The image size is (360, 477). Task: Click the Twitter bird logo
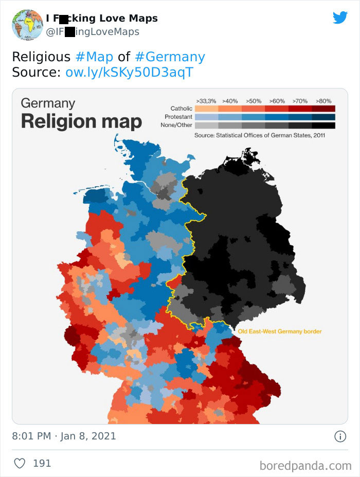[340, 18]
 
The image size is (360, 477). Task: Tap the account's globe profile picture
[27, 25]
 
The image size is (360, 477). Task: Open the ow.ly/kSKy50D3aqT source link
[129, 72]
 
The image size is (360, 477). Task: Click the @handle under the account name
[93, 32]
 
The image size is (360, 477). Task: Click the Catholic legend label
[182, 109]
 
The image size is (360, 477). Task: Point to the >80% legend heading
[323, 101]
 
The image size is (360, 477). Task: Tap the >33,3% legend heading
[206, 101]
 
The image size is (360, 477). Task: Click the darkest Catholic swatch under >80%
[323, 109]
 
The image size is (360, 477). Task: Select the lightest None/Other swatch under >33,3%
[206, 125]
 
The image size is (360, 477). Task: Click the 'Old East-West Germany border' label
[280, 331]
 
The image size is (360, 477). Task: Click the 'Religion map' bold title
[81, 121]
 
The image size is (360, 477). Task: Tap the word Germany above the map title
[48, 102]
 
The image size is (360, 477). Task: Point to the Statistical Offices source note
[260, 135]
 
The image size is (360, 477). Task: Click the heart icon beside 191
[20, 463]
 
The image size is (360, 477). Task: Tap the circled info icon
[340, 436]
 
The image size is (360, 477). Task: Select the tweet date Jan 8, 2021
[88, 436]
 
